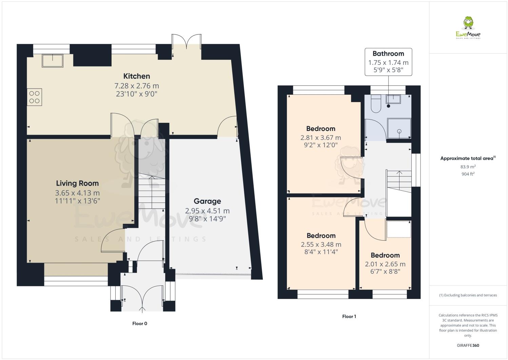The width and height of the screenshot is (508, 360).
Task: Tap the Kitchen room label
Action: (137, 76)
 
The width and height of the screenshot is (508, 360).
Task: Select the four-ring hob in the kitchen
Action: (34, 97)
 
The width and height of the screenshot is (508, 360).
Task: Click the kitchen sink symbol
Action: (52, 60)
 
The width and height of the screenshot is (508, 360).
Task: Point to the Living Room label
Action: (77, 184)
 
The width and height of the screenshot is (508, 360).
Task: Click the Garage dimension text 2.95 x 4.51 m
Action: (207, 211)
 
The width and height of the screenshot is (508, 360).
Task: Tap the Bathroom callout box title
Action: (388, 54)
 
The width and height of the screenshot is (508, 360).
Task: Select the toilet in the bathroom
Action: (376, 103)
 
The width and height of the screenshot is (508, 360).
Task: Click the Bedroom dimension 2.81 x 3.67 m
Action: (320, 138)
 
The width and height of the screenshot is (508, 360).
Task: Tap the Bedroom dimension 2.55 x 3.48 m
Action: (321, 245)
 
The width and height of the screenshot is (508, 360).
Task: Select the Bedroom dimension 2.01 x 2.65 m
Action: (385, 264)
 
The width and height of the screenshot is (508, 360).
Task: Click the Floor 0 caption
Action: (140, 324)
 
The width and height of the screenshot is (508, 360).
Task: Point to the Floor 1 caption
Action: (349, 317)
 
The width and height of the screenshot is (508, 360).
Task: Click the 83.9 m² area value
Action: (468, 167)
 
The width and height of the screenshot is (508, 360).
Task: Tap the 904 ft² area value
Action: (468, 174)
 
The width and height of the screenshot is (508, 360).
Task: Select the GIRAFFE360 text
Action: (468, 346)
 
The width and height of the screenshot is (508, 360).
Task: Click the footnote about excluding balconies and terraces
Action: (468, 295)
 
